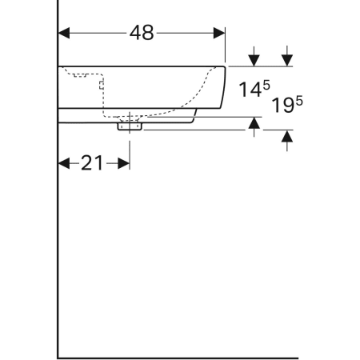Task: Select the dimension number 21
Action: pyautogui.click(x=93, y=163)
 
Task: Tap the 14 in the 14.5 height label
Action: pyautogui.click(x=248, y=90)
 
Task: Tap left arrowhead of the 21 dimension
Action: pyautogui.click(x=65, y=163)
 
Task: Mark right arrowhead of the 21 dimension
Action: pyautogui.click(x=124, y=163)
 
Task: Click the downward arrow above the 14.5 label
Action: pyautogui.click(x=254, y=58)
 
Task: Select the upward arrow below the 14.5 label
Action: pyautogui.click(x=254, y=123)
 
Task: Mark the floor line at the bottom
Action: pyautogui.click(x=176, y=356)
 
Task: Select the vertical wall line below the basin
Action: pyautogui.click(x=58, y=240)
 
